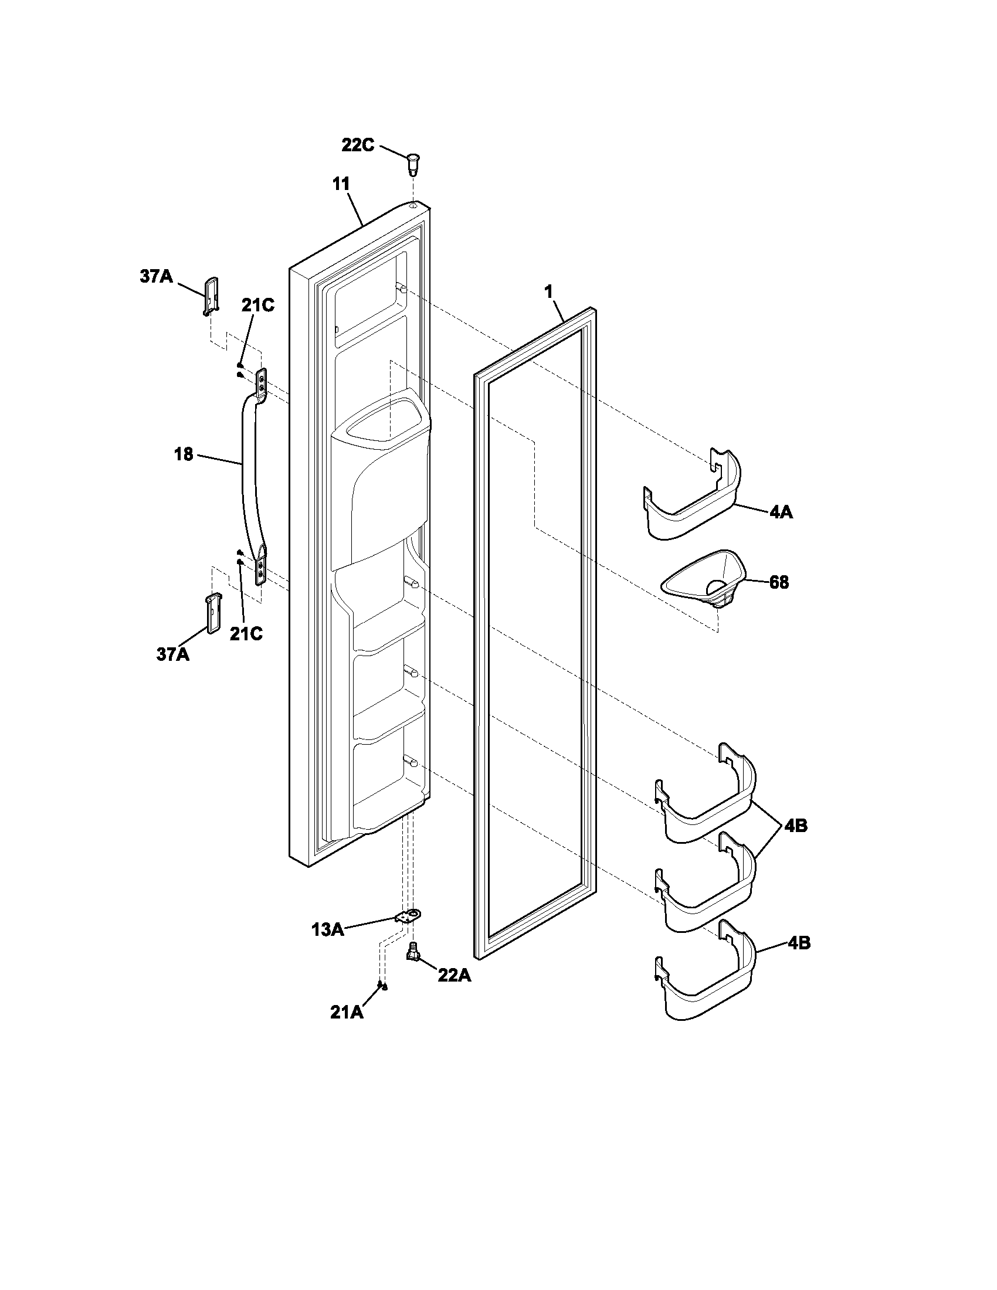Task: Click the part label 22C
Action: [357, 145]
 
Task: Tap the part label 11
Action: [341, 184]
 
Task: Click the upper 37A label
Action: [156, 276]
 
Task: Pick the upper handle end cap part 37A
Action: [212, 294]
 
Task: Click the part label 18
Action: [184, 454]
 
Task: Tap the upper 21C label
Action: [258, 306]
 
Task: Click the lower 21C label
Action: [246, 634]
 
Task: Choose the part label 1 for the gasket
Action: [549, 291]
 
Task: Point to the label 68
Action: [778, 582]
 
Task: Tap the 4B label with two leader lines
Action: [796, 826]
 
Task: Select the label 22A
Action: [454, 976]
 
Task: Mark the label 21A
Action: [347, 1013]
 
